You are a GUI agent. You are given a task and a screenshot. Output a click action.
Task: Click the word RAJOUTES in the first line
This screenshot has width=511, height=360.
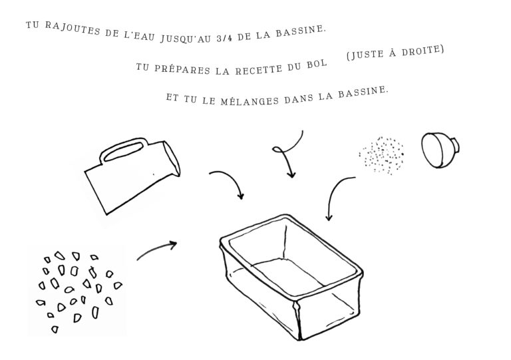[x=73, y=29]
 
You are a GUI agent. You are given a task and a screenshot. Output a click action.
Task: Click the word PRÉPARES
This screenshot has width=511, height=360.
[x=182, y=69]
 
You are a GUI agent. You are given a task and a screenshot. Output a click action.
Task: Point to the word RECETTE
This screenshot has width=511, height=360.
[x=259, y=69]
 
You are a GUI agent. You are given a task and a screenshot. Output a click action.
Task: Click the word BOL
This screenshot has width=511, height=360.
[x=317, y=64]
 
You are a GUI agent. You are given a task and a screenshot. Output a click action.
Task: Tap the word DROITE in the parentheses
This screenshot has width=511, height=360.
[x=422, y=51]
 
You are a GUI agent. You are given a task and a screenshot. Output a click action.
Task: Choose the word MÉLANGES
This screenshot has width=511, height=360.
[x=250, y=101]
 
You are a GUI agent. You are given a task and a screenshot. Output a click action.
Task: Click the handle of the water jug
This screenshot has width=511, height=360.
[x=123, y=150]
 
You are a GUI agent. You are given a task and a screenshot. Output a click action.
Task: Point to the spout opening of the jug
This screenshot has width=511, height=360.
[x=172, y=158]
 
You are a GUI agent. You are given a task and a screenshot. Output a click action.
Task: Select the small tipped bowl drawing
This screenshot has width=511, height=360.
[x=440, y=150]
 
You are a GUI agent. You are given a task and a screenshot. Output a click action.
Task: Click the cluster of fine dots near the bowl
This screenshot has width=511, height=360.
[x=382, y=156]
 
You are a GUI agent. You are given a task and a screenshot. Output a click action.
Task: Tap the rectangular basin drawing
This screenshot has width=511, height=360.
[x=291, y=277]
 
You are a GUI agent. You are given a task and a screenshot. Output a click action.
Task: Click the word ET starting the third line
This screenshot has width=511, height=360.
[x=172, y=97]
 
